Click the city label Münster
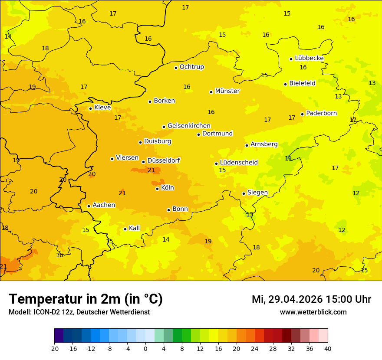227,91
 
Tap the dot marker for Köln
157,189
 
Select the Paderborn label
321,113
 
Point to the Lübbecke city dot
291,59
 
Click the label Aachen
104,205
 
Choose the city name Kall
134,228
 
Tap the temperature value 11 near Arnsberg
288,158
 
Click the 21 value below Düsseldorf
151,170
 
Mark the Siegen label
257,193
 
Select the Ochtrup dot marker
176,67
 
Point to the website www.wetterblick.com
313,312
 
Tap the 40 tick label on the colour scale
328,348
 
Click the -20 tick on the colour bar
54,348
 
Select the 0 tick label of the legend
145,348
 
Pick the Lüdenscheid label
239,163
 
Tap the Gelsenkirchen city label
189,126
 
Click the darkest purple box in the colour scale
59,336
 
